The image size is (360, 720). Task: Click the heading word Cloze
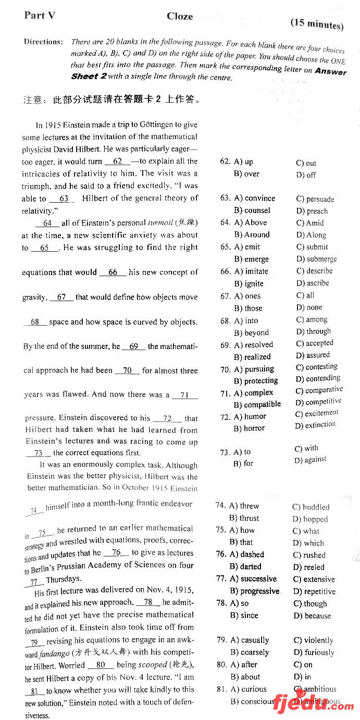(x=180, y=16)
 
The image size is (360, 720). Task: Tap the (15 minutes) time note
(x=317, y=23)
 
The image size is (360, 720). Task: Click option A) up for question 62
(x=243, y=162)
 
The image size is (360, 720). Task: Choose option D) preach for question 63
(x=312, y=211)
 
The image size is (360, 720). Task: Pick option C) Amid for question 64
(x=310, y=222)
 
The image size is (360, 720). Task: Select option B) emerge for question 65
(x=251, y=259)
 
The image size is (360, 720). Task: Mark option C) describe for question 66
(x=314, y=271)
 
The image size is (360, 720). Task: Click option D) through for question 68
(x=313, y=331)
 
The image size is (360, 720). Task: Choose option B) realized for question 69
(x=252, y=357)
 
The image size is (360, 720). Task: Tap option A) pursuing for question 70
(x=254, y=369)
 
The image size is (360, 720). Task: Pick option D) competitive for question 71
(x=318, y=402)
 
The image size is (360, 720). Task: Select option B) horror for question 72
(x=249, y=428)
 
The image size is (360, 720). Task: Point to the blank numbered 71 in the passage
(x=184, y=395)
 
